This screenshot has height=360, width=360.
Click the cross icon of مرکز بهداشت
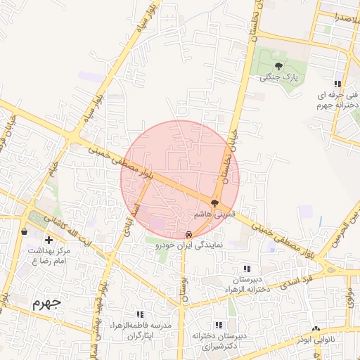[49, 240]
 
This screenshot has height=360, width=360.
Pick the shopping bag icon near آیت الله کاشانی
[25, 231]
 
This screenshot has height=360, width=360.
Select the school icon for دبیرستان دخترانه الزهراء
[246, 268]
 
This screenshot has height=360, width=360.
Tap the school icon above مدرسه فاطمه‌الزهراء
[140, 314]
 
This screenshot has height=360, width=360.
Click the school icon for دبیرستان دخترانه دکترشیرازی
[218, 325]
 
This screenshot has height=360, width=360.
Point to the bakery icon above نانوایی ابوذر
[316, 328]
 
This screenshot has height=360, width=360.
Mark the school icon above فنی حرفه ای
[338, 84]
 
